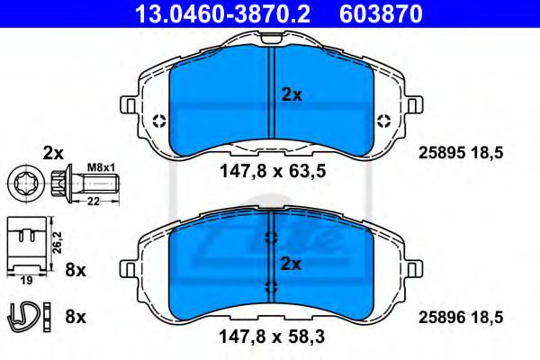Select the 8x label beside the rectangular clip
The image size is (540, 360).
point(76,268)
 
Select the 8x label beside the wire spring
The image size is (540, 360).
point(76,316)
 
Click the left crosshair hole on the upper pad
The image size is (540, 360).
point(159,121)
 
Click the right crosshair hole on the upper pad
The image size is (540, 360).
point(382,121)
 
